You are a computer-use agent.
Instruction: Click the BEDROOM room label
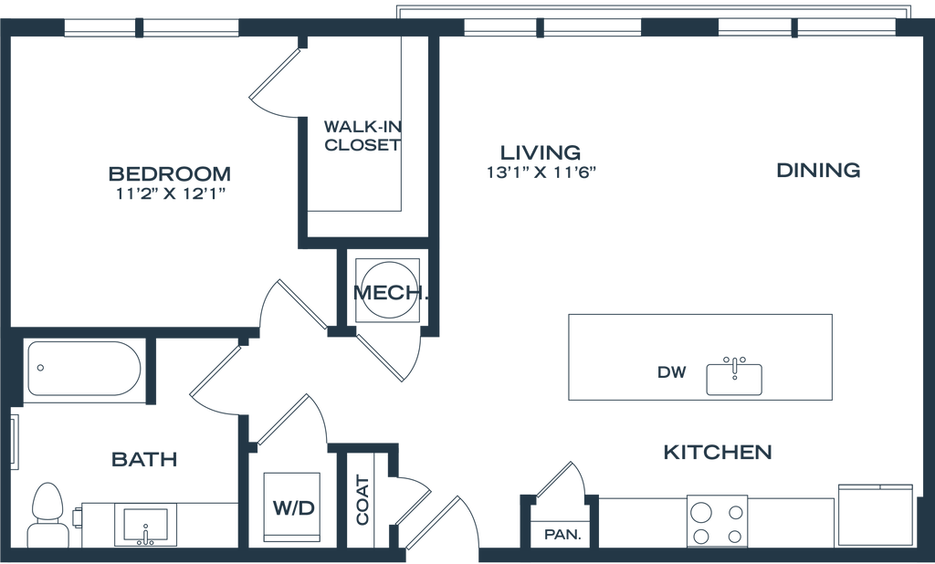pos(171,172)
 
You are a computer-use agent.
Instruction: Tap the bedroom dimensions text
pos(172,193)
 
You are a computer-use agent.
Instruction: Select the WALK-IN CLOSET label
pos(362,134)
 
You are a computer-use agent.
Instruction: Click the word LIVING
pos(541,151)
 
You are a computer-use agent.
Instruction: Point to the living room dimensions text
pos(542,172)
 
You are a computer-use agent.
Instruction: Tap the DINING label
pos(819,170)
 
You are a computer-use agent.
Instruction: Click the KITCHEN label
pos(718,452)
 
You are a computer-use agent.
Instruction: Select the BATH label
pos(143,459)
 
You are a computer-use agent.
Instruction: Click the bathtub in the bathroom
pos(82,369)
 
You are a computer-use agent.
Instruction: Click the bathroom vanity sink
pos(143,526)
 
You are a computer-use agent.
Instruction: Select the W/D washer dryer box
pos(291,508)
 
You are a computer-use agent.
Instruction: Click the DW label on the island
pos(671,372)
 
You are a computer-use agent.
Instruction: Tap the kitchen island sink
pos(733,374)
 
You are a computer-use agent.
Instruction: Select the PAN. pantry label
pos(562,535)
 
